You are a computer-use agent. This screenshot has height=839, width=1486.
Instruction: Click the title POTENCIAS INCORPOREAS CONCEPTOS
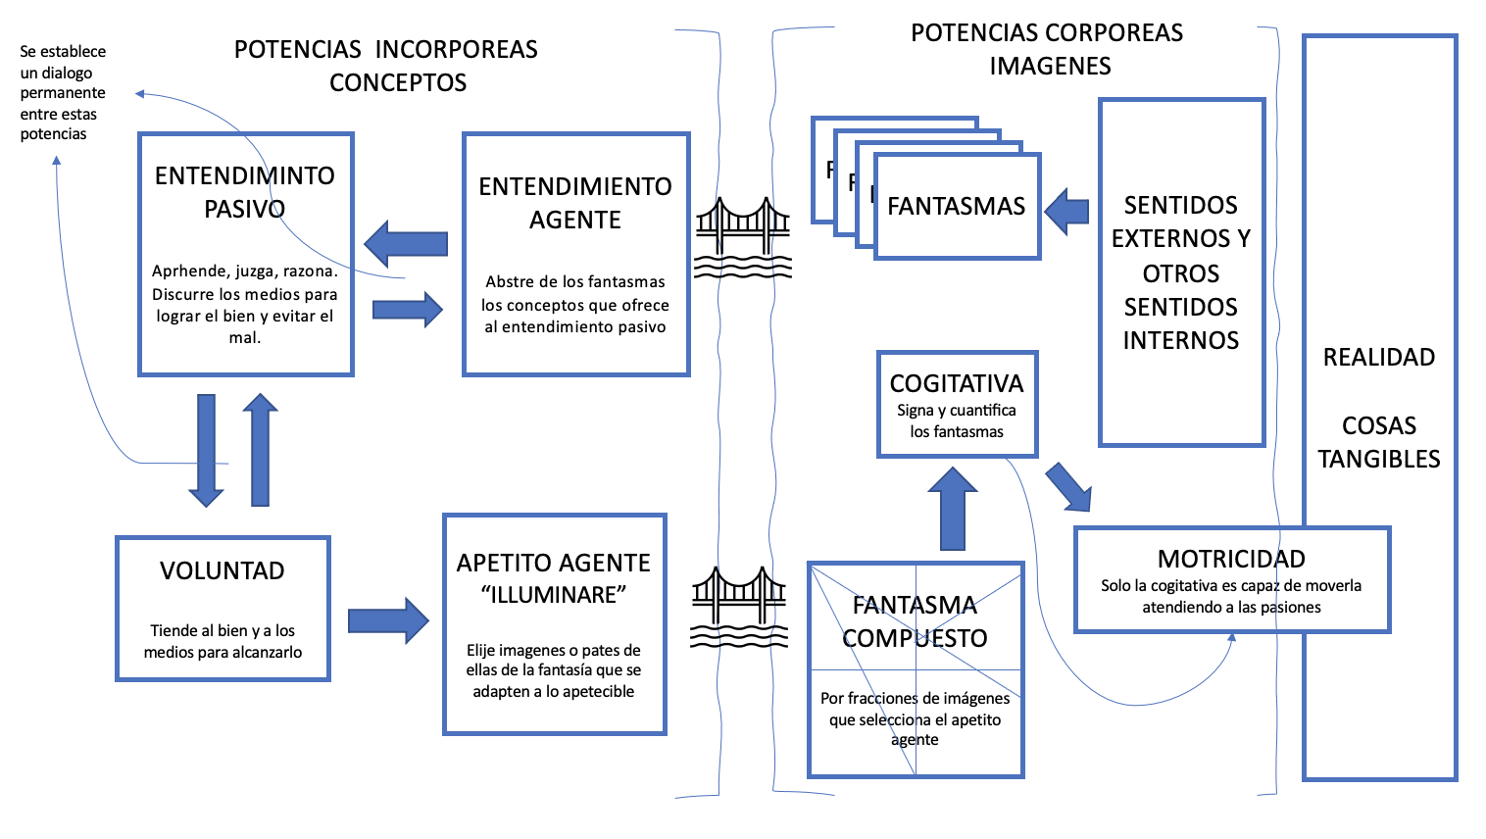tap(386, 66)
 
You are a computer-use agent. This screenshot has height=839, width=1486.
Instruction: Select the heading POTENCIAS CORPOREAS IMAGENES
tap(1047, 49)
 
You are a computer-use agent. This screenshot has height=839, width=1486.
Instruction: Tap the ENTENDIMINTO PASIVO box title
tap(245, 192)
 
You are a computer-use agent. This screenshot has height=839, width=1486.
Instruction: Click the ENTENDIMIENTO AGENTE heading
tap(575, 203)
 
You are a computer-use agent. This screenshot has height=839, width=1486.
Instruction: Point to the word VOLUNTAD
tap(223, 570)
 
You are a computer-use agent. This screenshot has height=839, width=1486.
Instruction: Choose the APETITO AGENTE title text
tap(553, 563)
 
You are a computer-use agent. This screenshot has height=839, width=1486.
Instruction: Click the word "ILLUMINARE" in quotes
tap(553, 594)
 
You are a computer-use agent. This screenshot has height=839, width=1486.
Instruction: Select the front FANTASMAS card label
tap(957, 206)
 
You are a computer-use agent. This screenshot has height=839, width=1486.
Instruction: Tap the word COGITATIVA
tap(957, 383)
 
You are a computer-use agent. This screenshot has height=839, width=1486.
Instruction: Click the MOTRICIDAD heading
tap(1231, 559)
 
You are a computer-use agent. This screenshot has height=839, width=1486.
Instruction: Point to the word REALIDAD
tap(1379, 357)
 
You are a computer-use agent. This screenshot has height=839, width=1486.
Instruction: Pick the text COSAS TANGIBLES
tap(1379, 442)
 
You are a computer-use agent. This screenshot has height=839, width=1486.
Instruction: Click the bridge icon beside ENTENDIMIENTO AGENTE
tap(742, 237)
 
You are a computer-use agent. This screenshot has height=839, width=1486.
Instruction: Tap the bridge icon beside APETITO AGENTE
tap(739, 607)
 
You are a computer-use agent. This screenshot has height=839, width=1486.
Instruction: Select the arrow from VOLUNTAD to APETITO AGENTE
tap(389, 620)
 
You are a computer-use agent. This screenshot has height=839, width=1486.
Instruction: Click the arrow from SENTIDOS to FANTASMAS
tap(1066, 212)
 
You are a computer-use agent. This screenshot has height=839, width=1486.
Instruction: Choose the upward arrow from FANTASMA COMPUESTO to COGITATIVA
tap(953, 509)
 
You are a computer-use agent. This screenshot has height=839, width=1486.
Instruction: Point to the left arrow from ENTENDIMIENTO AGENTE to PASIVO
tap(406, 244)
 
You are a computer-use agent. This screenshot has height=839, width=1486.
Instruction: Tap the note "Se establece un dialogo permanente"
tap(63, 92)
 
